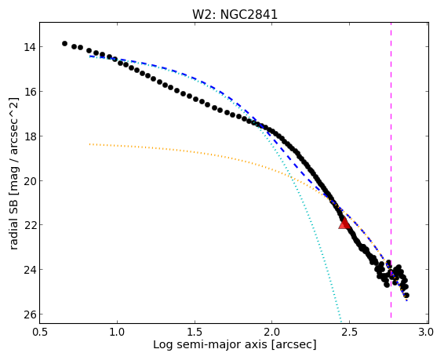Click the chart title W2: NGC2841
pyautogui.click(x=235, y=15)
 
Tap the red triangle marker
pyautogui.click(x=344, y=224)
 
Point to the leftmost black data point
pyautogui.click(x=64, y=43)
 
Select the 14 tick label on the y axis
pyautogui.click(x=30, y=47)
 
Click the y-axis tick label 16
pyautogui.click(x=30, y=92)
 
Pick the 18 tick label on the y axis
pyautogui.click(x=30, y=136)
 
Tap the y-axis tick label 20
pyautogui.click(x=30, y=181)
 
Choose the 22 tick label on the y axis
pyautogui.click(x=30, y=225)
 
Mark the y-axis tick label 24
pyautogui.click(x=30, y=270)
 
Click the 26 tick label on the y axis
pyautogui.click(x=30, y=315)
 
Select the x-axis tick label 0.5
pyautogui.click(x=40, y=332)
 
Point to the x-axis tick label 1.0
pyautogui.click(x=117, y=332)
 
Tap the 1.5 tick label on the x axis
pyautogui.click(x=195, y=332)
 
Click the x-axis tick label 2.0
pyautogui.click(x=272, y=332)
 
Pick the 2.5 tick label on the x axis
pyautogui.click(x=349, y=332)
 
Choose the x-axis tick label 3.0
pyautogui.click(x=427, y=332)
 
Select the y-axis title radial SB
pyautogui.click(x=14, y=224)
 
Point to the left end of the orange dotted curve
pyautogui.click(x=89, y=144)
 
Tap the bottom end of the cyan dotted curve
pyautogui.click(x=341, y=322)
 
